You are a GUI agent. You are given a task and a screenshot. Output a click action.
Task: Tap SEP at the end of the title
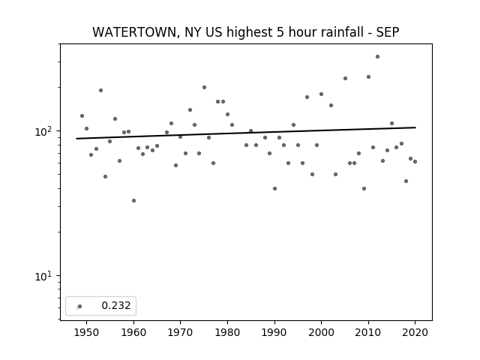[388, 32]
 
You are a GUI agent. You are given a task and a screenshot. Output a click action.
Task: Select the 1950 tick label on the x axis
[86, 332]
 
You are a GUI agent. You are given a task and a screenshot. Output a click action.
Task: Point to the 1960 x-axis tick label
[133, 332]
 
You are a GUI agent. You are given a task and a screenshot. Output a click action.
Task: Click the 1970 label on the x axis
[180, 332]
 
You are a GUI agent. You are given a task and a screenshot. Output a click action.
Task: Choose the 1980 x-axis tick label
[227, 332]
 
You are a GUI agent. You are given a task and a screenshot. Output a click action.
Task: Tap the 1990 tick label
[274, 332]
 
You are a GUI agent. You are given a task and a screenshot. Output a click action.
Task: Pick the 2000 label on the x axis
[321, 332]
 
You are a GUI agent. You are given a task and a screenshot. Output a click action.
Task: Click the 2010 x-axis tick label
[368, 332]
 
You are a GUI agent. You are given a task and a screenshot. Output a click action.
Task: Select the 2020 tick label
[415, 332]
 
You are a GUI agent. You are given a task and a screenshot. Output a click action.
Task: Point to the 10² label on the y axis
[43, 131]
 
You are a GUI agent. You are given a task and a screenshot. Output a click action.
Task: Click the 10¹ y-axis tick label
[43, 276]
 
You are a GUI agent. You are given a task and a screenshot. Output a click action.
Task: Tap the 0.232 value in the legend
[116, 305]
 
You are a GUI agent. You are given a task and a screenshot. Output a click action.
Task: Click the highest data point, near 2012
[377, 57]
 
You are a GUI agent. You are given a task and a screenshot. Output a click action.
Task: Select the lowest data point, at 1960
[133, 200]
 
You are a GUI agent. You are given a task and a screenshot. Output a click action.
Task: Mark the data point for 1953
[100, 90]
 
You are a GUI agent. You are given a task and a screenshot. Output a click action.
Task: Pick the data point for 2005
[345, 78]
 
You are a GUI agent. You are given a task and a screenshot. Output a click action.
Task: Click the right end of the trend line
[415, 127]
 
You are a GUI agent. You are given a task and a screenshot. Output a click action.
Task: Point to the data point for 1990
[274, 188]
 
